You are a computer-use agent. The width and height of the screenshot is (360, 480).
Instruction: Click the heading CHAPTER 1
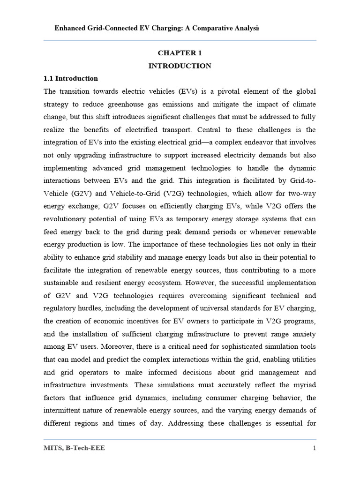point(180,53)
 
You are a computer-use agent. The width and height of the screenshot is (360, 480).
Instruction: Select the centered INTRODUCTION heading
point(180,66)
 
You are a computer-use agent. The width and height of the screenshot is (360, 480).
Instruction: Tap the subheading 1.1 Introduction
point(71,78)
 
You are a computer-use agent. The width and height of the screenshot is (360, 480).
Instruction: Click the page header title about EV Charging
point(157,28)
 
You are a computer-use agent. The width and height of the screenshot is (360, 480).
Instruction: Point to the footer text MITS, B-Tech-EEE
point(75,448)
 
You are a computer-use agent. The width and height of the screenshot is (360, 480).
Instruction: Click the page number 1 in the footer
point(314,448)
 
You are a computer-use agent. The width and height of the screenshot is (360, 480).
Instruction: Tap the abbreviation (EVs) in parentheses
point(178,91)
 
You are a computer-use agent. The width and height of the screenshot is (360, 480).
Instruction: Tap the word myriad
point(303,384)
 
